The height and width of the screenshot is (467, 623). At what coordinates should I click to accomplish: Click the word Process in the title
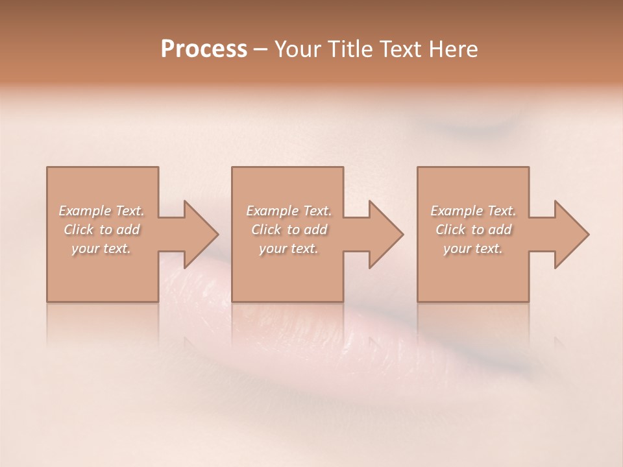[204, 49]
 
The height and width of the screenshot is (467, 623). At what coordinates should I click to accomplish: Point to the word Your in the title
[297, 49]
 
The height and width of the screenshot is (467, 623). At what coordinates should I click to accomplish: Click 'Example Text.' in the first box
[101, 211]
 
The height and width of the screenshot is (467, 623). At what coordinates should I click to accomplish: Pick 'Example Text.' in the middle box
[288, 211]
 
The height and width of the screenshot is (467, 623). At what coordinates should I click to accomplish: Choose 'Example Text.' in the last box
[473, 211]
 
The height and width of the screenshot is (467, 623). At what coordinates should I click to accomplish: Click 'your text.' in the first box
[101, 248]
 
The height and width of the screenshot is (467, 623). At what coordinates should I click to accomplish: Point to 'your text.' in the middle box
[288, 248]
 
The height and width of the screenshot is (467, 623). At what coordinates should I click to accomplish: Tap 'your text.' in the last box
[473, 248]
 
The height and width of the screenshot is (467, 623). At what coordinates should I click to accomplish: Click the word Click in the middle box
[265, 230]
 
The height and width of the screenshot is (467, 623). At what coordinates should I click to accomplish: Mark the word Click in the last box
[450, 230]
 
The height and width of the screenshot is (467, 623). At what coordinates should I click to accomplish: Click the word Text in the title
[400, 49]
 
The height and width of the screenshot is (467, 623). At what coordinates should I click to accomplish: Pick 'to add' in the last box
[493, 230]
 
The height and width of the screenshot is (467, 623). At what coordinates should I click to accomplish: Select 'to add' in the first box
[121, 230]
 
